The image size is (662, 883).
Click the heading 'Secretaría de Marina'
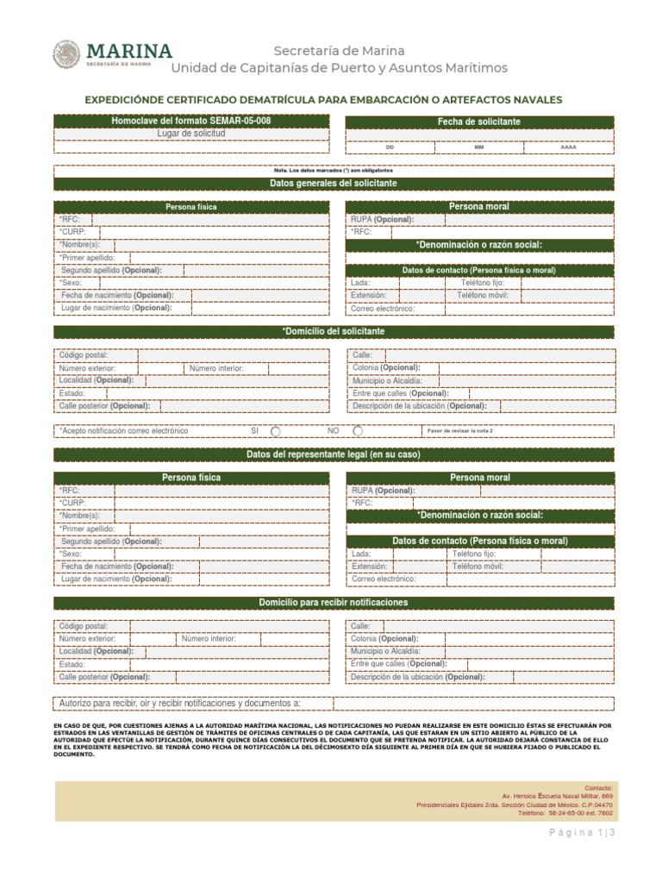pos(339,51)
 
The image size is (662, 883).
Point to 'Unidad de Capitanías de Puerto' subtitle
pos(339,68)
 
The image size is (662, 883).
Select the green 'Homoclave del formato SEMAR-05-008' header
pos(191,122)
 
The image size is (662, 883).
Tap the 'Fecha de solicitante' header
pos(479,122)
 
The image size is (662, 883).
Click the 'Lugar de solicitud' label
pos(191,135)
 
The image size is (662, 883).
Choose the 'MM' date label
pos(479,147)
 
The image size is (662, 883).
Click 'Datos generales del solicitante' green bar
pos(334,184)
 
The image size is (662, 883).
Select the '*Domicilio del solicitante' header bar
pos(334,331)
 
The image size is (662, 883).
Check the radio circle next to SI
pos(275,430)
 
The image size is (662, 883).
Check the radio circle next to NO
pos(357,430)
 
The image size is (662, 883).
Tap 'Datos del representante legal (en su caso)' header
pos(334,454)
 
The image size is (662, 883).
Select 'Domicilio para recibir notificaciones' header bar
pos(334,602)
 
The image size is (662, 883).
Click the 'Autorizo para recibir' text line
pos(179,704)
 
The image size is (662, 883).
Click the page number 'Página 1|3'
pos(582,833)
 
